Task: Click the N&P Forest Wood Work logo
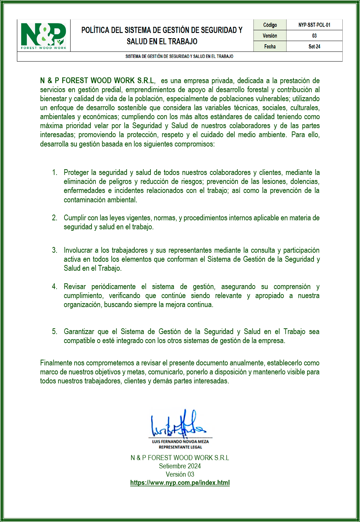[x=44, y=35]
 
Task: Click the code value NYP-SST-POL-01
[x=314, y=25]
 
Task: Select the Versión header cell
[x=270, y=36]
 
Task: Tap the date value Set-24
[x=314, y=46]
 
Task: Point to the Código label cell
[x=270, y=25]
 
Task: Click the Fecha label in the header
[x=270, y=46]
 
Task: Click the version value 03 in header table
[x=314, y=36]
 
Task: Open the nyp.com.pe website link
[x=180, y=483]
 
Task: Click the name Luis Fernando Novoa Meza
[x=180, y=441]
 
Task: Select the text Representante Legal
[x=180, y=447]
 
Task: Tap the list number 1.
[x=54, y=172]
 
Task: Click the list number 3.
[x=54, y=250]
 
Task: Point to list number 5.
[x=54, y=332]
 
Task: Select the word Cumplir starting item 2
[x=75, y=218]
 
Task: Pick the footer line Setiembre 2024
[x=180, y=466]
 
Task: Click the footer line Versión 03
[x=180, y=474]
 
